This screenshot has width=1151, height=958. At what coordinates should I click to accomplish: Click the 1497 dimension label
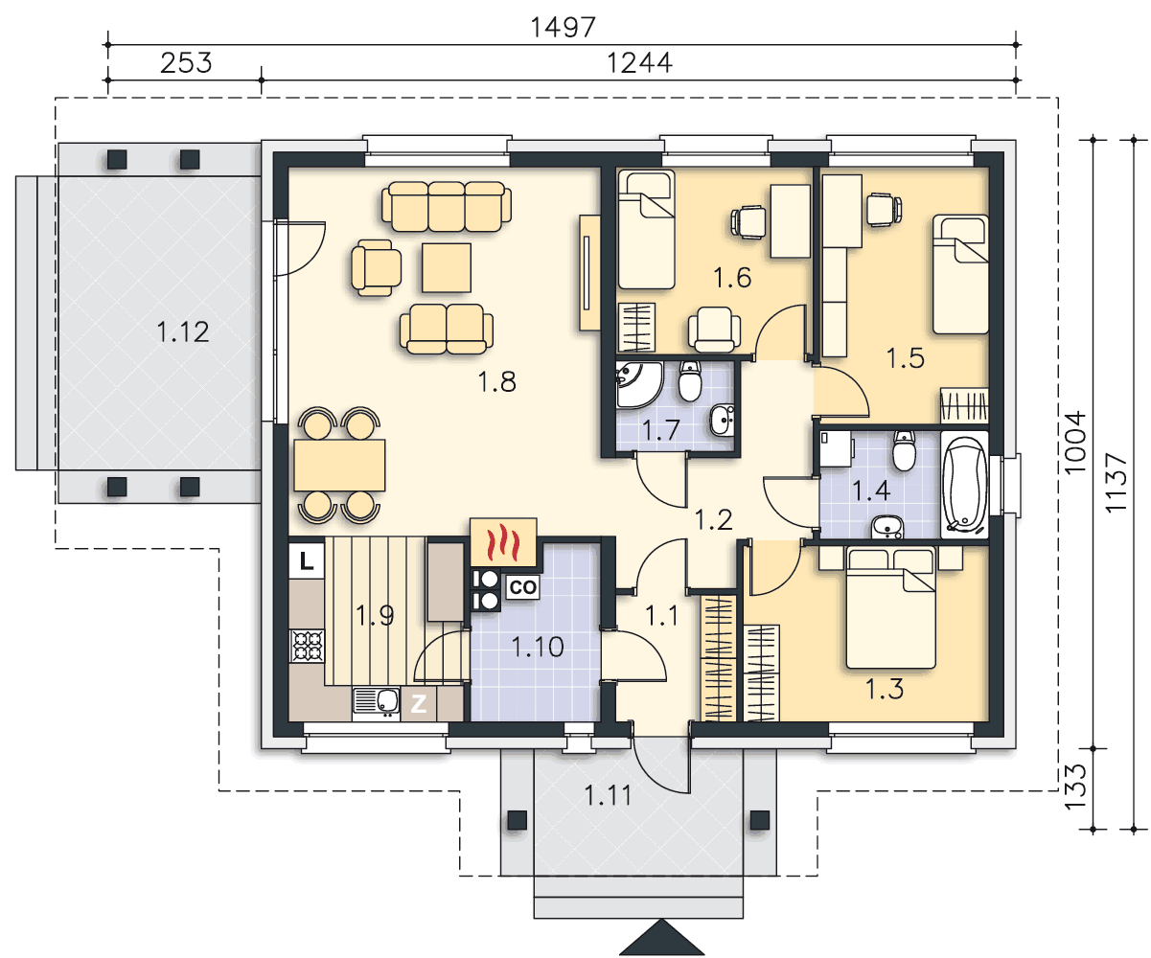[x=563, y=27]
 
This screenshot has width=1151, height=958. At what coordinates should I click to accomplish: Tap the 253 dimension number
[x=186, y=63]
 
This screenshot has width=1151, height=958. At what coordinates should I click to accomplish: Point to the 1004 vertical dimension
[x=1074, y=442]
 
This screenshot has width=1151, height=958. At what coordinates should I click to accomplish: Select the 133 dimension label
[x=1074, y=787]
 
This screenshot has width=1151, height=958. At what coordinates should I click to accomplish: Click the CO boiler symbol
[x=522, y=587]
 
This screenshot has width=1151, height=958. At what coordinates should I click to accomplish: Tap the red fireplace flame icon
[x=503, y=542]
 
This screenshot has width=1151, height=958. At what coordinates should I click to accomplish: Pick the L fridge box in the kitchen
[x=307, y=561]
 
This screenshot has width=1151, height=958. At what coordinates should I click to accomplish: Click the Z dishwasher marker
[x=419, y=704]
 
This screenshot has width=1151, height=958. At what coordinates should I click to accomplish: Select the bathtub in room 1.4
[x=964, y=485]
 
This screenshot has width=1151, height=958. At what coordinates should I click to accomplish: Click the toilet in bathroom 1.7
[x=690, y=380]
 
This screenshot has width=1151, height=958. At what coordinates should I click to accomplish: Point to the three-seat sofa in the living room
[x=447, y=206]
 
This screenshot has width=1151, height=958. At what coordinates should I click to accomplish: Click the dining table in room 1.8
[x=339, y=465]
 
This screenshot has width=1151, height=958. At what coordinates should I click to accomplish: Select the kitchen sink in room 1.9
[x=376, y=703]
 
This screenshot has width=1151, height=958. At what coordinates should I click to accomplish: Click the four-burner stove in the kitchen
[x=307, y=646]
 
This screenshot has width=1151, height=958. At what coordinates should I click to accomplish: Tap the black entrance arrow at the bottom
[x=661, y=937]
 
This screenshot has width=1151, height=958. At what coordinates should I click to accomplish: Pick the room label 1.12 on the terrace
[x=182, y=332]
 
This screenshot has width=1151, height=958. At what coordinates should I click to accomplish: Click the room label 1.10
[x=538, y=647]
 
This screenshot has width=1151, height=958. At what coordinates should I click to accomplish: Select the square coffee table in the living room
[x=447, y=268]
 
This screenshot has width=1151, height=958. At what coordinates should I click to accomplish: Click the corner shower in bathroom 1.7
[x=638, y=385]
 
